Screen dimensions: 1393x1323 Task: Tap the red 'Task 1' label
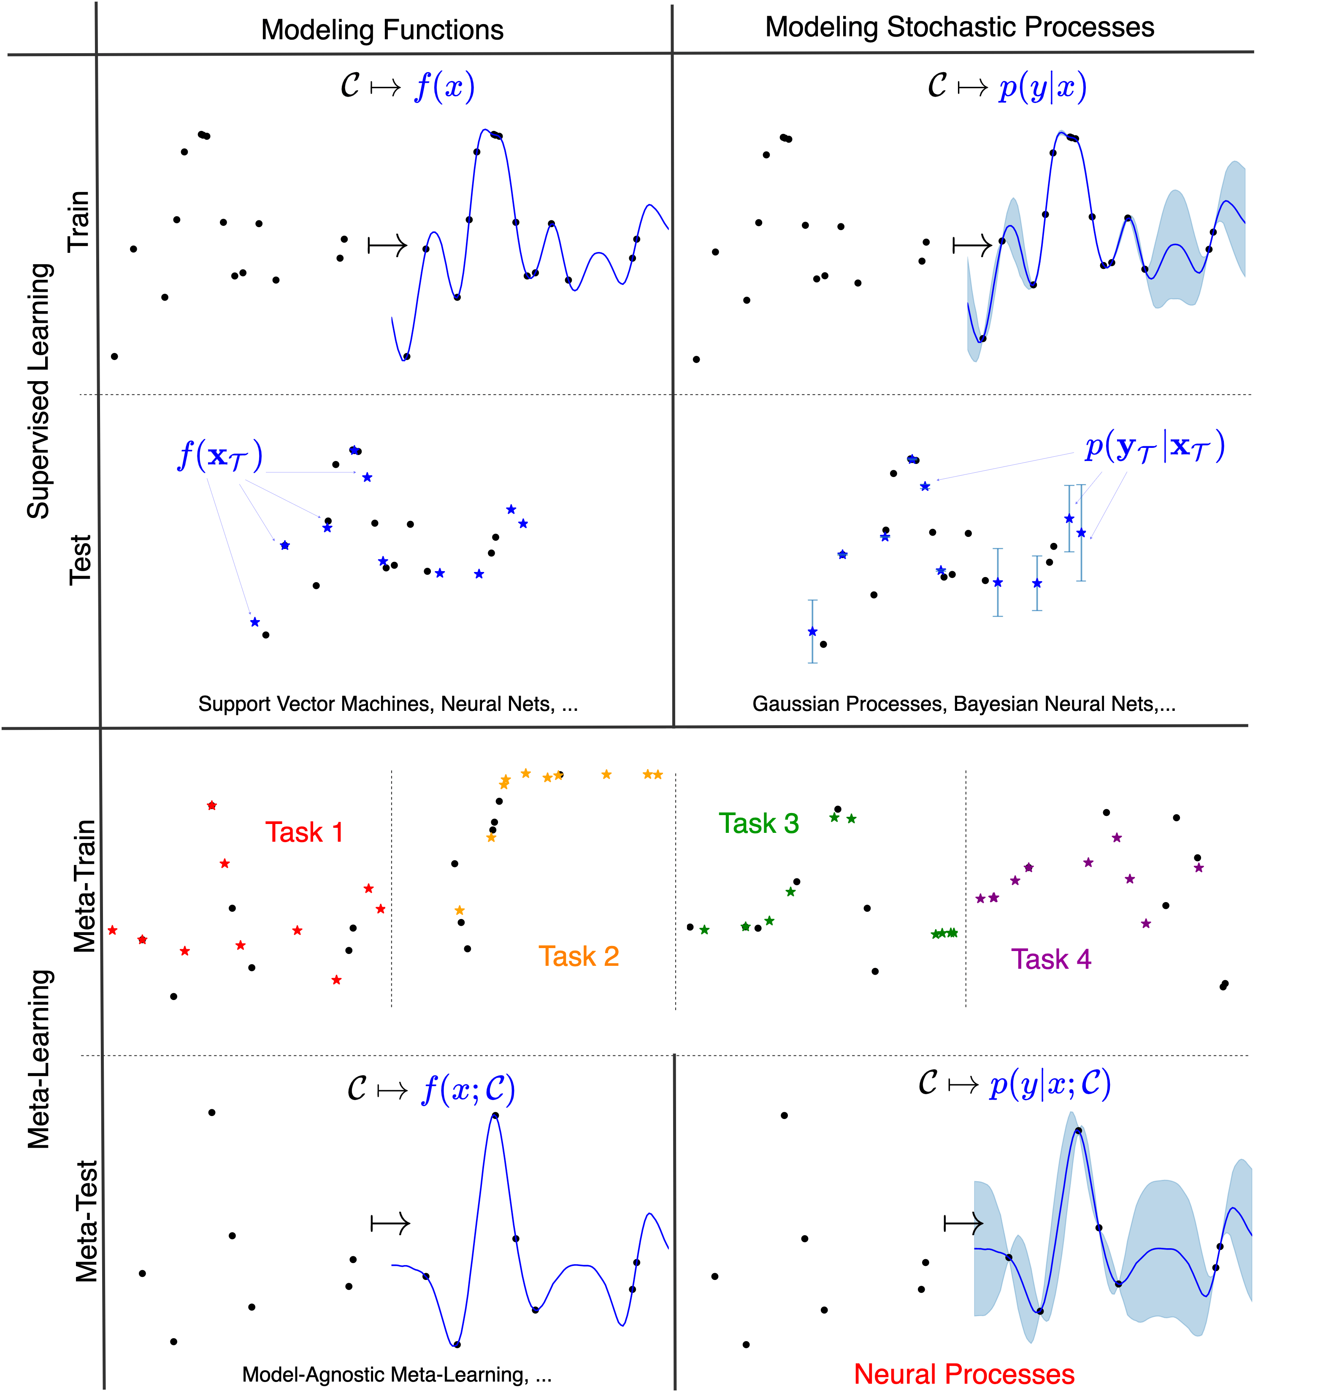tap(304, 832)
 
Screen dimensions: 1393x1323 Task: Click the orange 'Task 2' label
tap(578, 957)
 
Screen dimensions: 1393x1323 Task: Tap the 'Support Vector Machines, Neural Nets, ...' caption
tap(388, 704)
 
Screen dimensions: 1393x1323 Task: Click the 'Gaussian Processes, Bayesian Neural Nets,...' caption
tap(963, 704)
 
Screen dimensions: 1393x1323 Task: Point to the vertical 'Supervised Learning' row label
tap(39, 391)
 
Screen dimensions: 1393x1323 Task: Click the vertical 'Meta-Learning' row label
tap(39, 1058)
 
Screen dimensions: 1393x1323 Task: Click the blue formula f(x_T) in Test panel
tap(220, 455)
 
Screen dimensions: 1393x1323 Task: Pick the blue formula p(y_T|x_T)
tap(1154, 447)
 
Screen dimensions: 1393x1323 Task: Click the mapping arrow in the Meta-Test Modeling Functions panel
tap(390, 1224)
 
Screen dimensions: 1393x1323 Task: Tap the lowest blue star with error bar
tap(812, 631)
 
